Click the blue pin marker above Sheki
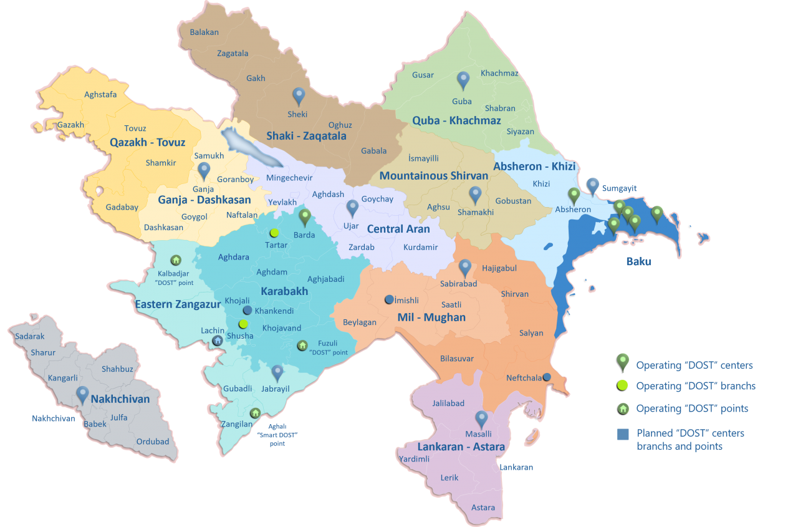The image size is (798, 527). point(299,96)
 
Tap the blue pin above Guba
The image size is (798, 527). point(463,80)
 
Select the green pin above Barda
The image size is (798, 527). point(305,217)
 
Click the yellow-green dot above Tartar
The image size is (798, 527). point(274,233)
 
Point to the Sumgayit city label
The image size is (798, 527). point(619,188)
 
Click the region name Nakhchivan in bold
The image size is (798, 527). point(120,399)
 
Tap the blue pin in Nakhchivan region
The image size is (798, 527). point(82,395)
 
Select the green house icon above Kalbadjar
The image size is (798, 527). point(176,260)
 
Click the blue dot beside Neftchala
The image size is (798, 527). point(547,377)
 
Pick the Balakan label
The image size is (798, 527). point(204,32)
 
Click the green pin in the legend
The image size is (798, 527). point(622,362)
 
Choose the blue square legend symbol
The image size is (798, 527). point(623,435)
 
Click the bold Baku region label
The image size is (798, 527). point(638,261)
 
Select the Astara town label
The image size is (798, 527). point(483,507)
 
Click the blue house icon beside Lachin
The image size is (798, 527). point(217,341)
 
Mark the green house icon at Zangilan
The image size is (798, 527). point(255,413)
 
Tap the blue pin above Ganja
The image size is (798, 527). point(204,171)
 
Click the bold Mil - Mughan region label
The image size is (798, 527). point(431,317)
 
